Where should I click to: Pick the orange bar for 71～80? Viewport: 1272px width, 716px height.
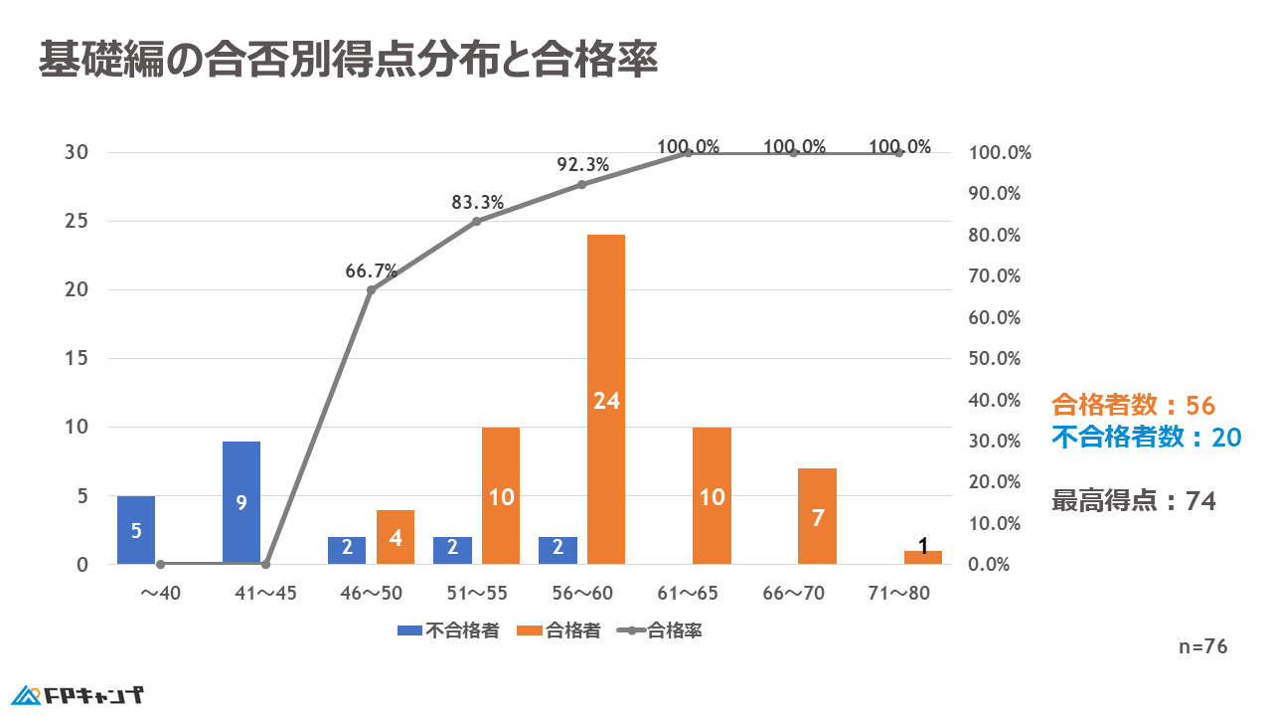tap(922, 557)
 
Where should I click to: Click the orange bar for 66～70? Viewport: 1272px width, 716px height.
tap(817, 516)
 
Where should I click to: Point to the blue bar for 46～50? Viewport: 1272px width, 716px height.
tap(347, 550)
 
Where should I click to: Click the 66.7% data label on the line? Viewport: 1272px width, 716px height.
tap(371, 270)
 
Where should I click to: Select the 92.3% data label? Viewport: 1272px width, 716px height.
tap(582, 164)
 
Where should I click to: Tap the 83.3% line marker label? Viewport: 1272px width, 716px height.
tap(477, 202)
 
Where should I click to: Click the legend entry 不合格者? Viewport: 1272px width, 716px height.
tap(448, 629)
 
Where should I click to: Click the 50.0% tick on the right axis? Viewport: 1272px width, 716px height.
tap(996, 358)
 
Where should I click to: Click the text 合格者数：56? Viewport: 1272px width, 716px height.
tap(1133, 405)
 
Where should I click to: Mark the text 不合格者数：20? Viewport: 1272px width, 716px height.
tap(1147, 437)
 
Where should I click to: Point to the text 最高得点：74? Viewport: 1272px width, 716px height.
tap(1133, 501)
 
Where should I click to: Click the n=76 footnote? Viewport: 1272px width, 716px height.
tap(1202, 646)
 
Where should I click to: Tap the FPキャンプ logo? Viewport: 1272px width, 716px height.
tap(79, 693)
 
